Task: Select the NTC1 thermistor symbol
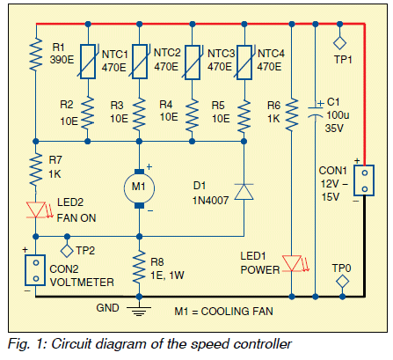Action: pyautogui.click(x=88, y=62)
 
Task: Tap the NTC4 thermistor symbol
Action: pyautogui.click(x=244, y=62)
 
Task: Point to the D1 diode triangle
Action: pyautogui.click(x=244, y=192)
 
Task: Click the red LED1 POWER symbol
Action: pyautogui.click(x=292, y=263)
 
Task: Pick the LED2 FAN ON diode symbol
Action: pyautogui.click(x=36, y=209)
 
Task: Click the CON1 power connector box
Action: pyautogui.click(x=364, y=180)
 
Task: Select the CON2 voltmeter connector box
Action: pyautogui.click(x=35, y=270)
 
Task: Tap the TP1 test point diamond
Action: pyautogui.click(x=339, y=43)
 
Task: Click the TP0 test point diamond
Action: pyautogui.click(x=342, y=282)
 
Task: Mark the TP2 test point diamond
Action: pyautogui.click(x=67, y=251)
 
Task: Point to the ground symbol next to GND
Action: pyautogui.click(x=139, y=311)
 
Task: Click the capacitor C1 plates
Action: pyautogui.click(x=316, y=113)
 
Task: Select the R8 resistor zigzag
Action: pyautogui.click(x=139, y=267)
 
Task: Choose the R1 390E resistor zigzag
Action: pyautogui.click(x=36, y=54)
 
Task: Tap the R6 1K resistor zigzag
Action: pyautogui.click(x=292, y=114)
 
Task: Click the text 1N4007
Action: pyautogui.click(x=210, y=201)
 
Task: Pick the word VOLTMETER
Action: pyautogui.click(x=82, y=283)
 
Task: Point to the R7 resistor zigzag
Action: pyautogui.click(x=36, y=169)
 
